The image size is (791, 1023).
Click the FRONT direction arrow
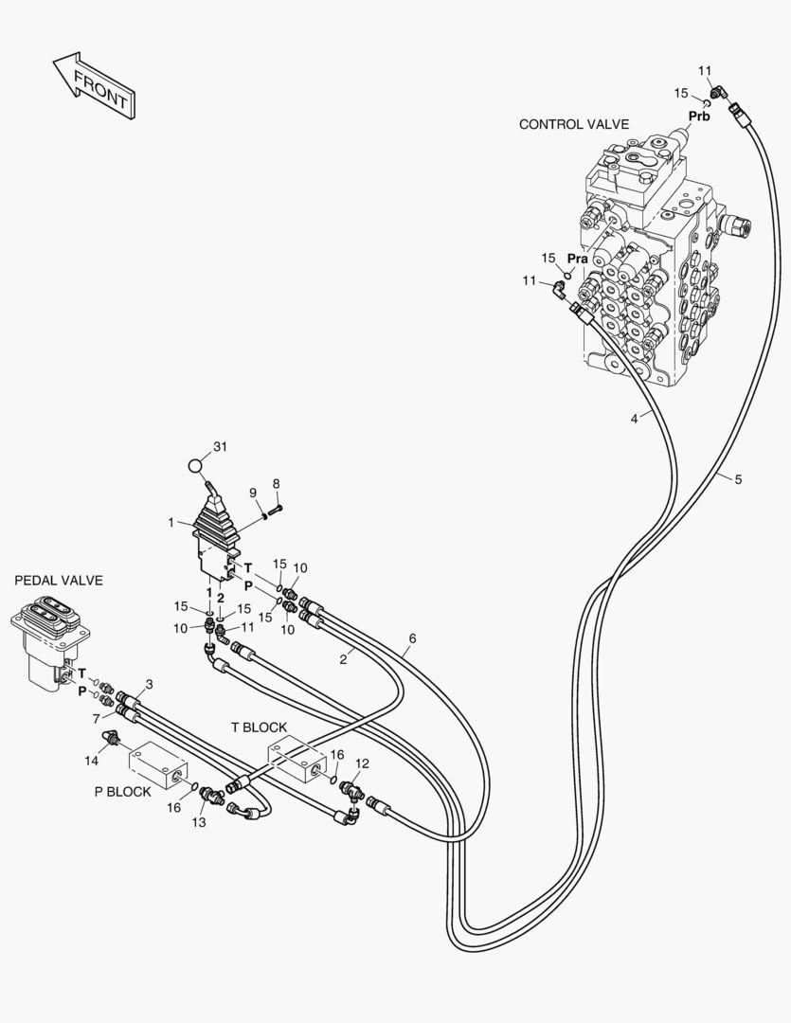pyautogui.click(x=94, y=85)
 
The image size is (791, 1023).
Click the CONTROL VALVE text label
pyautogui.click(x=574, y=124)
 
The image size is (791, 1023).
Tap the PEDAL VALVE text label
pyautogui.click(x=59, y=580)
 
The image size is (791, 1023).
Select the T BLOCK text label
pyautogui.click(x=260, y=727)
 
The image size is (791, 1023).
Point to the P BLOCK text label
pyautogui.click(x=123, y=791)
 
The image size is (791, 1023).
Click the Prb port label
pyautogui.click(x=699, y=117)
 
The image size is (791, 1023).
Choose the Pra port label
pyautogui.click(x=578, y=259)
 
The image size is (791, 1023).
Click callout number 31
pyautogui.click(x=221, y=447)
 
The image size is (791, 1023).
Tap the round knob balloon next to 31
pyautogui.click(x=194, y=466)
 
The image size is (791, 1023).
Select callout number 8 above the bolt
pyautogui.click(x=276, y=483)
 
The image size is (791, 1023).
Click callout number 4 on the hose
pyautogui.click(x=635, y=420)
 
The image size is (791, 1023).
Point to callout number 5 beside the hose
pyautogui.click(x=738, y=479)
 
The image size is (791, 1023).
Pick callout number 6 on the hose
pyautogui.click(x=412, y=638)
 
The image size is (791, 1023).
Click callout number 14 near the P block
pyautogui.click(x=91, y=761)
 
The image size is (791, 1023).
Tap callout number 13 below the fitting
pyautogui.click(x=198, y=823)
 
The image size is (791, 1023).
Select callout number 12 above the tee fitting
pyautogui.click(x=362, y=763)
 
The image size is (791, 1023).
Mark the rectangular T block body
pyautogui.click(x=297, y=760)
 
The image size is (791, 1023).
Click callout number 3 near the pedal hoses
pyautogui.click(x=150, y=685)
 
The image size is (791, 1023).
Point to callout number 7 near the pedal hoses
pyautogui.click(x=96, y=719)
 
